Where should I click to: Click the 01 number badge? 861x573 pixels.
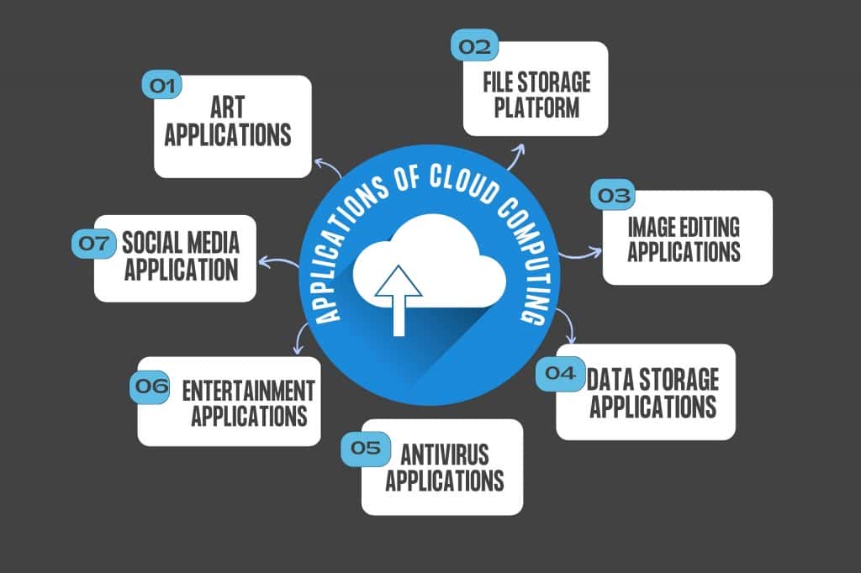click(161, 85)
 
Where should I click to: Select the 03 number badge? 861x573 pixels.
click(613, 196)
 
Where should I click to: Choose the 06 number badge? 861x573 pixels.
click(151, 386)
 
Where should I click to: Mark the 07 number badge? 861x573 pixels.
click(92, 244)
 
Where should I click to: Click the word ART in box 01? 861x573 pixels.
click(228, 108)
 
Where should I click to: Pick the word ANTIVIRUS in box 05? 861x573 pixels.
click(445, 454)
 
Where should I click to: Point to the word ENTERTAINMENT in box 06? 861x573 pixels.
click(248, 391)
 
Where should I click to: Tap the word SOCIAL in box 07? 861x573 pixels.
click(151, 244)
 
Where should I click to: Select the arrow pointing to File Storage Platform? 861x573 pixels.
click(514, 155)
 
